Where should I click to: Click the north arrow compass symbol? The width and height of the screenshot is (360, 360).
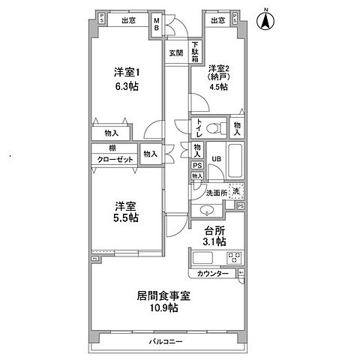tap(265, 19)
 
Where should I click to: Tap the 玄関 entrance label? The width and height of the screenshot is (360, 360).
tap(175, 52)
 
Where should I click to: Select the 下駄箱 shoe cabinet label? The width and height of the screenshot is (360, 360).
tap(195, 52)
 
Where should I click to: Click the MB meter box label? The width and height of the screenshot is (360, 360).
tap(157, 23)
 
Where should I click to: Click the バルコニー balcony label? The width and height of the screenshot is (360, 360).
tap(166, 341)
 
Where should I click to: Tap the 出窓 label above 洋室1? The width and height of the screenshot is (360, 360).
tap(127, 21)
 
